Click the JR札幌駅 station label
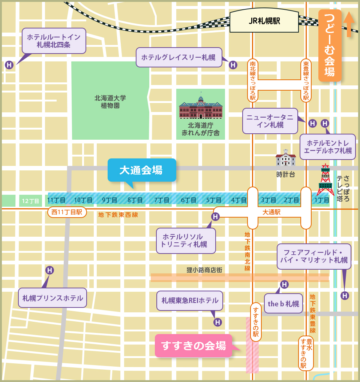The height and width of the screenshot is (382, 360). (x=264, y=21)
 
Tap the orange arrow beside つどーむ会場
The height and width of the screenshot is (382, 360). (x=349, y=24)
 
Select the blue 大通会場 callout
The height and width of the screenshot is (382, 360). (x=141, y=170)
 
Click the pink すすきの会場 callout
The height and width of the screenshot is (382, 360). (x=193, y=345)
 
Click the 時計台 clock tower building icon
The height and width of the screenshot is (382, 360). (x=285, y=158)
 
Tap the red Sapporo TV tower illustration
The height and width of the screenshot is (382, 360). (x=325, y=181)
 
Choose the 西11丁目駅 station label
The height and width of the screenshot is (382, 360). (x=67, y=212)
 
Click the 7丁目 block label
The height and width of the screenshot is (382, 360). (x=162, y=200)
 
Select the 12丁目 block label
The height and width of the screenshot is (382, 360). (x=30, y=201)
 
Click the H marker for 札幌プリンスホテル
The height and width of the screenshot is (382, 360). (x=49, y=270)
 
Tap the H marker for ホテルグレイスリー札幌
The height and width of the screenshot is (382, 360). (x=233, y=65)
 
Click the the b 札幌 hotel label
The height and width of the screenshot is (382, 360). (x=283, y=304)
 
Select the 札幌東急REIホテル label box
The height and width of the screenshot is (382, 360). (x=190, y=300)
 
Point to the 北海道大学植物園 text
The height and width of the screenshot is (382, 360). (x=110, y=102)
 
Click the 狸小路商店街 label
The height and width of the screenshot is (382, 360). (x=204, y=270)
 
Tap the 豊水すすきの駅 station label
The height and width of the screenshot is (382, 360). (x=306, y=354)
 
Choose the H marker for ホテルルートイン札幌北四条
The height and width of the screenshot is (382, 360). (x=9, y=65)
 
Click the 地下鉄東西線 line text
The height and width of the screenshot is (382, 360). (x=118, y=215)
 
